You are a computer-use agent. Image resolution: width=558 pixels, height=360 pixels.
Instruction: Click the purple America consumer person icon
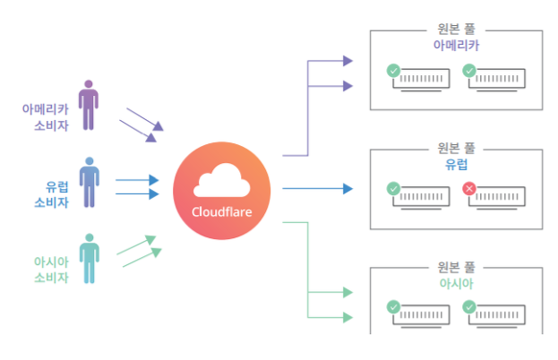[x=87, y=106]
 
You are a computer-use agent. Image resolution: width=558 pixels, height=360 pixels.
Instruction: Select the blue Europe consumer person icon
[x=88, y=182]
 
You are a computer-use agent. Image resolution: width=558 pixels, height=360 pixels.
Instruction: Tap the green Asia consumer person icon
[x=88, y=258]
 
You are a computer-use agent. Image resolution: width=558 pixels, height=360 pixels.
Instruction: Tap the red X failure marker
[x=469, y=188]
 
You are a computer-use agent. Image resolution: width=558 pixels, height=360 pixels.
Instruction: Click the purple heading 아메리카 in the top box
[x=455, y=44]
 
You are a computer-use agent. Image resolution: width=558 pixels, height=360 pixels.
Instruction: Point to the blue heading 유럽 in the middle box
[x=455, y=165]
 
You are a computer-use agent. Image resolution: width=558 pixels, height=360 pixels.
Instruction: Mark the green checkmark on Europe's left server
[x=392, y=188]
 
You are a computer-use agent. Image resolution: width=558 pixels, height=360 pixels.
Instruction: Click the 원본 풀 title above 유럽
[x=455, y=149]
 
